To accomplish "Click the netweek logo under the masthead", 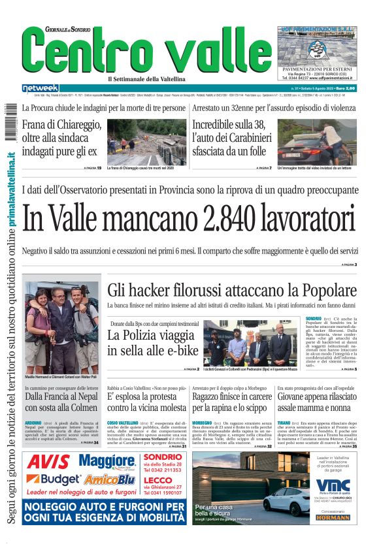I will coord(41,88).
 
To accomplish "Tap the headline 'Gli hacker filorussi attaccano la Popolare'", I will coord(231,289).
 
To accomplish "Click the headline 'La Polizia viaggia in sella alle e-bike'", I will coord(153,343).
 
